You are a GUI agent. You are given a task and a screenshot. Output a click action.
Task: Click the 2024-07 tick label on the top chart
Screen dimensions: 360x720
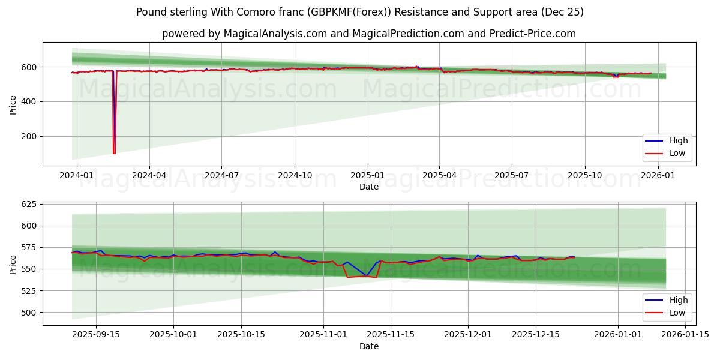coord(221,175)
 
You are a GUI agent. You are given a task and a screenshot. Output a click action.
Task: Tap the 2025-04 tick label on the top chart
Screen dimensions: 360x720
coord(439,175)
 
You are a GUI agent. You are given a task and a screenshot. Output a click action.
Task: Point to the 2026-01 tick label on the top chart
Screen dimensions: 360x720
coord(658,175)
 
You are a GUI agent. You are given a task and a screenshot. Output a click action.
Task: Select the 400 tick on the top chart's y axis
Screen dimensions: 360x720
coord(28,102)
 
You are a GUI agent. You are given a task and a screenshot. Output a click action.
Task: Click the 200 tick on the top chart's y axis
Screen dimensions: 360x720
coord(28,137)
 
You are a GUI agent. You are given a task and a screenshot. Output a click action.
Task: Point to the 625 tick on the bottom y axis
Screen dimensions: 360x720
coord(28,205)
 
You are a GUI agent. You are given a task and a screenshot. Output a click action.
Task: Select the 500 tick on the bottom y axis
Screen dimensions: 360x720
coord(28,313)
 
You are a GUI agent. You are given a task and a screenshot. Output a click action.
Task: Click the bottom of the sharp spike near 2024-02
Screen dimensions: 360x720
coord(114,152)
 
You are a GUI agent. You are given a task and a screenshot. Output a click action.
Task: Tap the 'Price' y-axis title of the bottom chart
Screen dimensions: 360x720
coord(13,263)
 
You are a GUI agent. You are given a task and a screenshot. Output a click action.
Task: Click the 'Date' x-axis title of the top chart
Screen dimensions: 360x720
coord(368,187)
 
